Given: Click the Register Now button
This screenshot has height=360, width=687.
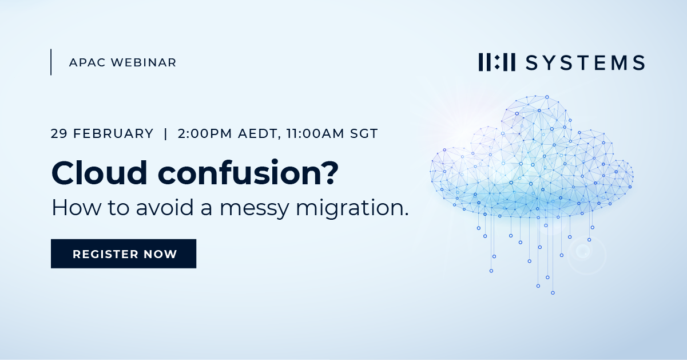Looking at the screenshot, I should coord(124,254).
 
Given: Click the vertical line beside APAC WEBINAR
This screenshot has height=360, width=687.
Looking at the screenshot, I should coord(51,62).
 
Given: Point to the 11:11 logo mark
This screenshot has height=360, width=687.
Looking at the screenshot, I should coord(497,62).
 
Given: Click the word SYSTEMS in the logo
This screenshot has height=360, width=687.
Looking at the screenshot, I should coord(585,62).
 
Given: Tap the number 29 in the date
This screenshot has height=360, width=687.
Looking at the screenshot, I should coord(58,134).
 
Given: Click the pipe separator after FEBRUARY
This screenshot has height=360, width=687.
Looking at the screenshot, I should coord(165,134).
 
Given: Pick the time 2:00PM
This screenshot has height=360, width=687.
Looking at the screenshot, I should coord(204,134).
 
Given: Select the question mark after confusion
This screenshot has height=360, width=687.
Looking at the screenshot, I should coord(328,172).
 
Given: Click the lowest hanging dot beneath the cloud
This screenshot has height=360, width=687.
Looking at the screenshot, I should coord(553,292).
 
